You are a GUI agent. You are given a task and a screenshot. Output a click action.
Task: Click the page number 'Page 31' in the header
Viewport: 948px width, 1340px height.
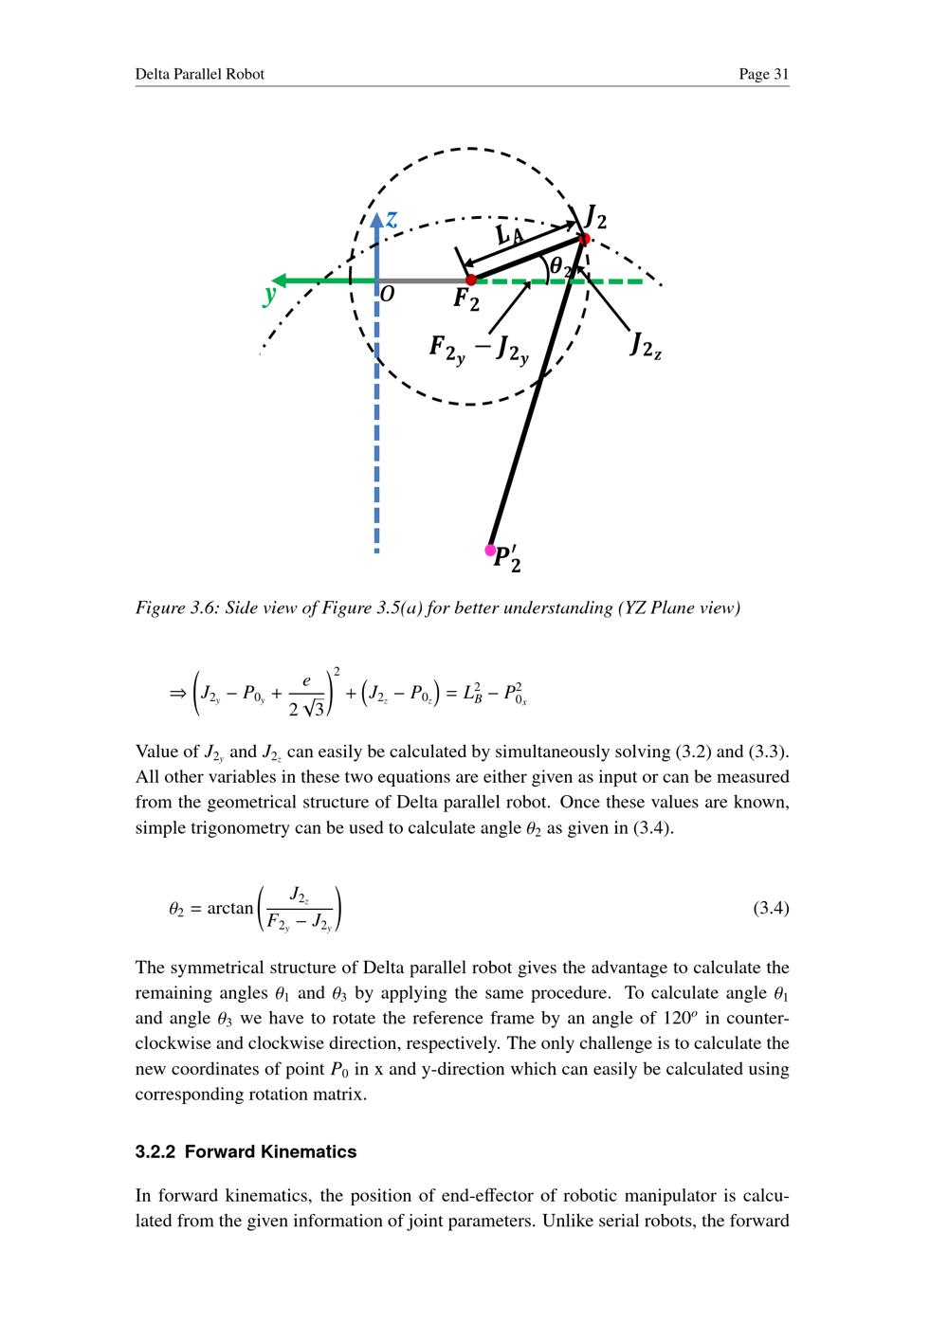pos(763,74)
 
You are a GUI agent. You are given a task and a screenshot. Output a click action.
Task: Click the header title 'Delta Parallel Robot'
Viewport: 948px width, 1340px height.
pos(199,74)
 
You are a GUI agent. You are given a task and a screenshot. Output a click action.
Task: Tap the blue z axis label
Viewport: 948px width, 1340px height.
pos(392,219)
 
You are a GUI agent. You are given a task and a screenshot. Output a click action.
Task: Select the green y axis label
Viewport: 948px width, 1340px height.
pos(270,295)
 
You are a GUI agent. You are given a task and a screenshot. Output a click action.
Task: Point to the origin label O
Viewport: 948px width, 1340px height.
pos(387,296)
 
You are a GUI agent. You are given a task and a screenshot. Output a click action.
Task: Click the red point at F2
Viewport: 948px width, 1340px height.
pos(471,280)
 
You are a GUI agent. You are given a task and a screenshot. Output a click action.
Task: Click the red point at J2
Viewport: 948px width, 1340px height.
pos(585,238)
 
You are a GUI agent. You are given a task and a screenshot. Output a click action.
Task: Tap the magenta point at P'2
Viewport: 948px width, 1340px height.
pos(490,550)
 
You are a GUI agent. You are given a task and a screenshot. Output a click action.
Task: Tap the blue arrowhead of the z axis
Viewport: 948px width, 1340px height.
pos(376,220)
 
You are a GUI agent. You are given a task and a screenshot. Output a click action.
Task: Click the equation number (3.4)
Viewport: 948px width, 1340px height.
pos(771,909)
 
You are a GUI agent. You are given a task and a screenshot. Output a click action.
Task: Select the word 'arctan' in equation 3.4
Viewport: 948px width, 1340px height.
pos(229,909)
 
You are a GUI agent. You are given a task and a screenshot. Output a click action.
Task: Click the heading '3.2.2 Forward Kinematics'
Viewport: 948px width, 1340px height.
pos(246,1151)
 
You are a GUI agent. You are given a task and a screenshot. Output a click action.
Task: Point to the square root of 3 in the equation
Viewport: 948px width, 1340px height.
pos(315,707)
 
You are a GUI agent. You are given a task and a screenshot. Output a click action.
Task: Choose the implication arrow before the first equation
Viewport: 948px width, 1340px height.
pos(177,694)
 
